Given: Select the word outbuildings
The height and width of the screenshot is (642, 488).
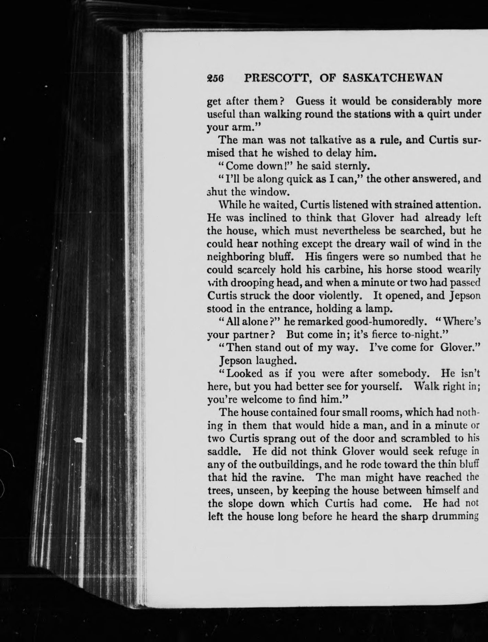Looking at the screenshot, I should click(291, 464).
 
